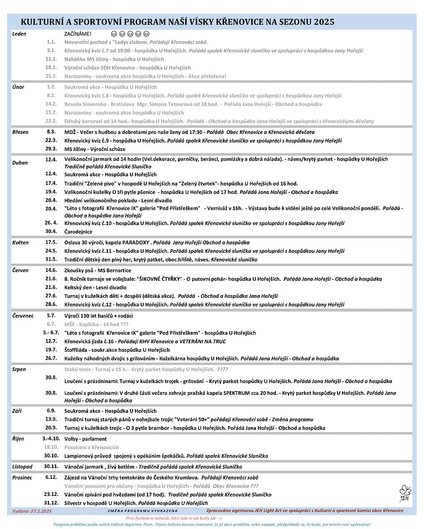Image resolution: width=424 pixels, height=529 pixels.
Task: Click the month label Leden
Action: pyautogui.click(x=19, y=34)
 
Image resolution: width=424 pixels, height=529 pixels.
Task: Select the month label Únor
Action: pyautogui.click(x=18, y=87)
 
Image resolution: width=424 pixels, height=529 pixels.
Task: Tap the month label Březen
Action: pyautogui.click(x=20, y=132)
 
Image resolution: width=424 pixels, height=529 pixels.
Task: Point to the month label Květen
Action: pyautogui.click(x=20, y=242)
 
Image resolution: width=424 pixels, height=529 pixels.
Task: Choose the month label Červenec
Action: pyautogui.click(x=23, y=315)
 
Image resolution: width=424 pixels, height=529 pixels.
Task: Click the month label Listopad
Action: pyautogui.click(x=23, y=466)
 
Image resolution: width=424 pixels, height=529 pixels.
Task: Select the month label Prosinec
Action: pyautogui.click(x=23, y=477)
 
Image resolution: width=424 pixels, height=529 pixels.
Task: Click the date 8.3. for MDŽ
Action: pyautogui.click(x=51, y=132)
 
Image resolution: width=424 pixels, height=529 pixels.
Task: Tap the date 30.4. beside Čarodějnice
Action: pyautogui.click(x=51, y=231)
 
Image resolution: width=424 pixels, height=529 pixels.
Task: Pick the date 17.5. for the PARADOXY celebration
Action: pyautogui.click(x=51, y=242)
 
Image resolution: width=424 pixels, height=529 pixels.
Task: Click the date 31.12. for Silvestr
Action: pyautogui.click(x=51, y=503)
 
